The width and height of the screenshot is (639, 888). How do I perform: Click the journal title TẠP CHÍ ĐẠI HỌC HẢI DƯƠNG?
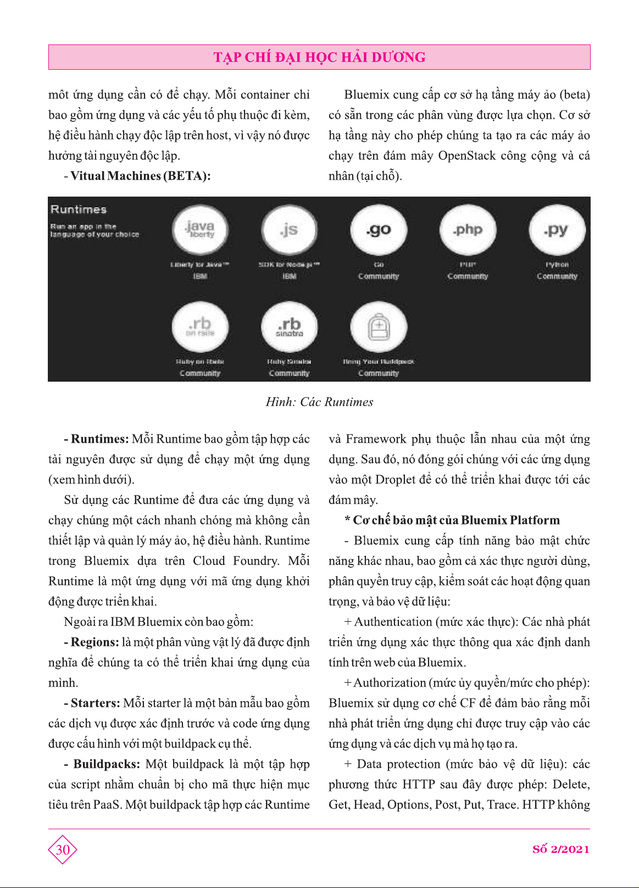[x=319, y=57]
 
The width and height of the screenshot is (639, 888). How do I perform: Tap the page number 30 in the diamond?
[x=63, y=850]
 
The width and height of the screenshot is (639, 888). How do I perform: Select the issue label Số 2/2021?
[x=560, y=849]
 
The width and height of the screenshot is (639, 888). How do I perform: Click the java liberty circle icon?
[x=200, y=230]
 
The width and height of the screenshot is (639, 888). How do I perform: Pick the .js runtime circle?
[x=289, y=230]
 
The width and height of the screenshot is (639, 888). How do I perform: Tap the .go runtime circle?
[x=379, y=230]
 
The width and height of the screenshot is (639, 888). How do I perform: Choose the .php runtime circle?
[x=468, y=230]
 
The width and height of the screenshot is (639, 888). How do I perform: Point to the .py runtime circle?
[x=557, y=230]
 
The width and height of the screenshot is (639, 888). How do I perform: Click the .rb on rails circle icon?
[x=200, y=326]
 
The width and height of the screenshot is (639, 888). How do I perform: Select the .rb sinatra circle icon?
[x=289, y=326]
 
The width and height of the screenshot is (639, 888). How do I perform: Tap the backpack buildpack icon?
[x=379, y=327]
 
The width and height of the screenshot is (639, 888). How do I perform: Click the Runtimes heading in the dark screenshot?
[x=79, y=209]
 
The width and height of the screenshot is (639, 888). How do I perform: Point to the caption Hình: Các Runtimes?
[x=319, y=402]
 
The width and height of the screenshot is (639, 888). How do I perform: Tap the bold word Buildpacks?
[x=107, y=764]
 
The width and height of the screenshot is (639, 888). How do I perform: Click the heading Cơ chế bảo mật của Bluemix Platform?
[x=452, y=520]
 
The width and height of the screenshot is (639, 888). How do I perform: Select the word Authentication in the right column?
[x=393, y=622]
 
